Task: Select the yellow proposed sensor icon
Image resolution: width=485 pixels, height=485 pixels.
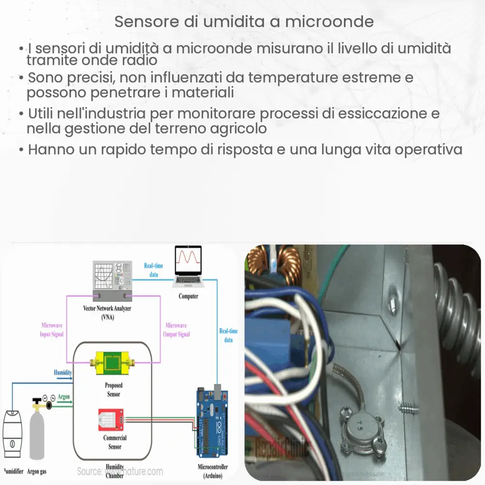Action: click(113, 362)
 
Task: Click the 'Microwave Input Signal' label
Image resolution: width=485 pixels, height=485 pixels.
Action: click(51, 330)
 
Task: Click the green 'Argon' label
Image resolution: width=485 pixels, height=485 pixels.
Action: click(64, 397)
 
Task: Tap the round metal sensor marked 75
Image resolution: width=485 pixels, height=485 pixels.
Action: click(359, 426)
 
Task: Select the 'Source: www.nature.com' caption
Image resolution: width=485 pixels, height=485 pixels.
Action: click(120, 471)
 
